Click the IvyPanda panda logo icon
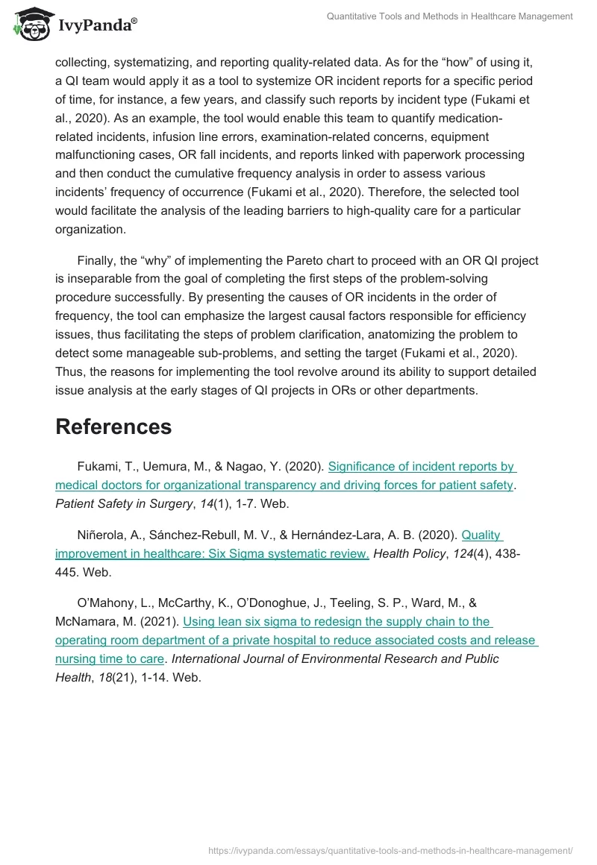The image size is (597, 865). point(31,25)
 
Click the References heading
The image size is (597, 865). point(113,427)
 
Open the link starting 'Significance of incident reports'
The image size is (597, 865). point(422,467)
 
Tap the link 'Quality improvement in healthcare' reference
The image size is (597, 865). point(481,535)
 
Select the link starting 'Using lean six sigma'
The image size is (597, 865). point(336,621)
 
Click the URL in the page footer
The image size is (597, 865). point(391,849)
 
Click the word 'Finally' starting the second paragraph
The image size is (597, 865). point(99,261)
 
